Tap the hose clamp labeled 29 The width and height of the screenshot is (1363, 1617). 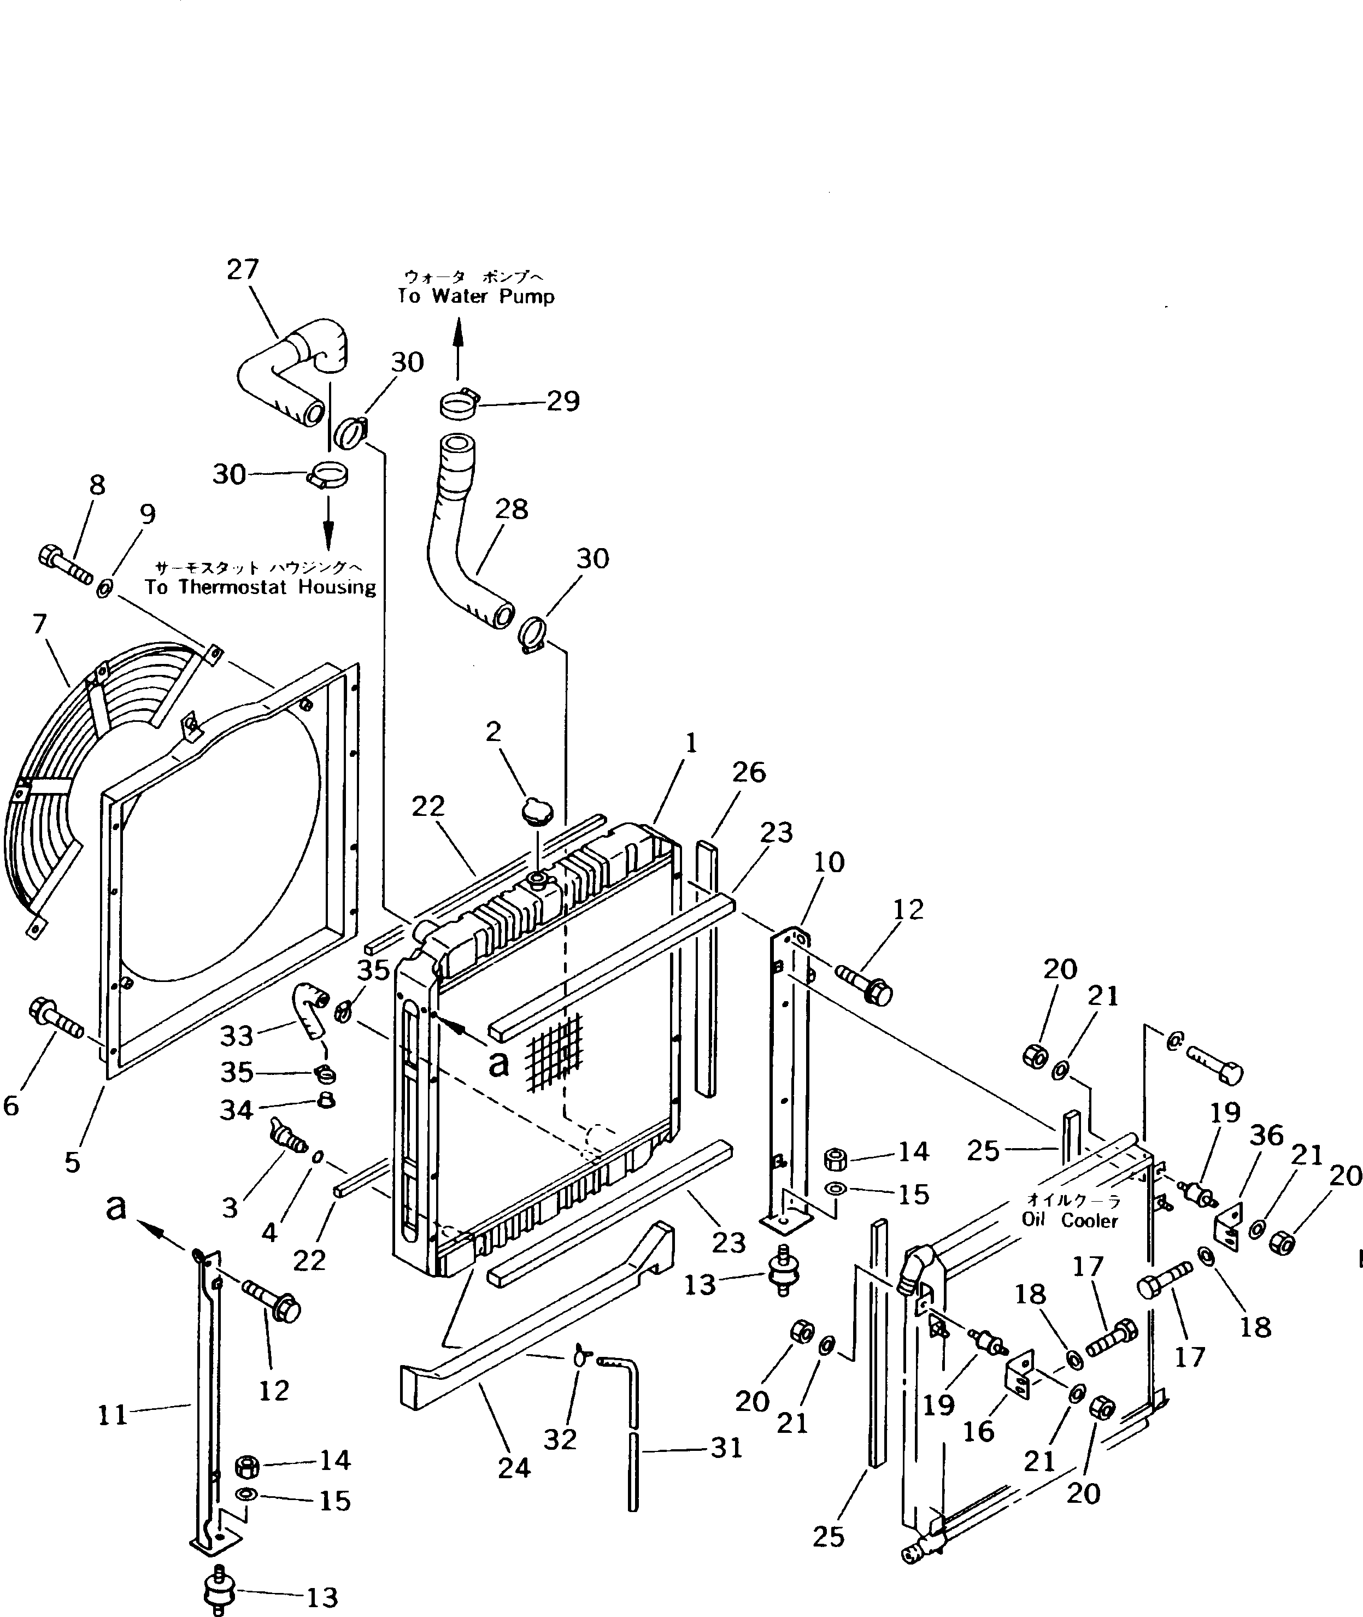point(460,404)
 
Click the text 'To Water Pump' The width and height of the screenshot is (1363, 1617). point(476,297)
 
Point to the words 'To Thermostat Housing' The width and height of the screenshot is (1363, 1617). point(260,587)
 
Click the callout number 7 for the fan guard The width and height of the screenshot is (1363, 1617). point(40,624)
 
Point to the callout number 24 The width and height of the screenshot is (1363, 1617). point(514,1468)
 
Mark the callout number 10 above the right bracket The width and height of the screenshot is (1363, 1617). point(829,862)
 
